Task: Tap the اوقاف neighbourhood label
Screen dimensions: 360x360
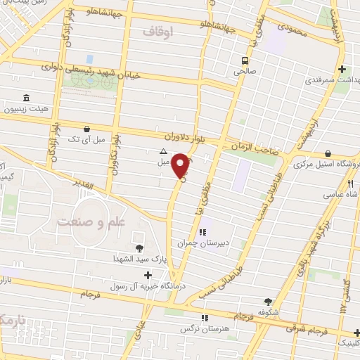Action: (157, 32)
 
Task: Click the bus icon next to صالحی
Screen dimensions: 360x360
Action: (245, 60)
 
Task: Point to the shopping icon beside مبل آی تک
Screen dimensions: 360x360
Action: (86, 129)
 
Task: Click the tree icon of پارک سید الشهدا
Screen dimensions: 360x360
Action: (139, 247)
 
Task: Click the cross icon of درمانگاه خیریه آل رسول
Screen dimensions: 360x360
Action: (147, 274)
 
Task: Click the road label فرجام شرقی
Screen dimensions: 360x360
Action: (307, 328)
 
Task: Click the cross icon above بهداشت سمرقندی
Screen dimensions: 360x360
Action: (342, 69)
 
